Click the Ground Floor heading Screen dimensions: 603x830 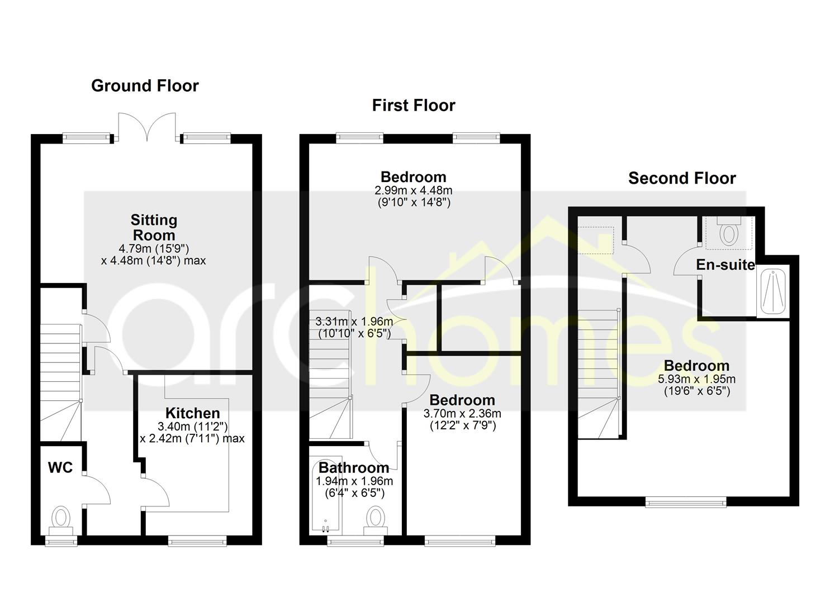click(x=145, y=86)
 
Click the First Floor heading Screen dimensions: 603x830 click(x=414, y=106)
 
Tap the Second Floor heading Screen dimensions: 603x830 click(x=682, y=179)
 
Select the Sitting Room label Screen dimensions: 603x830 click(x=154, y=227)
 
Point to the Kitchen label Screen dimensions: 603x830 click(x=192, y=413)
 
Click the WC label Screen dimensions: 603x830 click(x=60, y=468)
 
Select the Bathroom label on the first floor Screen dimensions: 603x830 click(x=354, y=468)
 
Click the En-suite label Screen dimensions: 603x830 click(x=725, y=265)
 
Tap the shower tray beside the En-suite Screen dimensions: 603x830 click(x=773, y=291)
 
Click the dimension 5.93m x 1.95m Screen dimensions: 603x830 click(x=696, y=379)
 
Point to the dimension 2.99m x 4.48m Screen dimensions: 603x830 click(x=414, y=190)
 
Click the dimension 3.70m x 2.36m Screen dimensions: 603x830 click(x=462, y=414)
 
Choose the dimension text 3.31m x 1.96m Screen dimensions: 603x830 click(x=354, y=322)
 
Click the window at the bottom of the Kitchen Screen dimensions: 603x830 click(x=197, y=540)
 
